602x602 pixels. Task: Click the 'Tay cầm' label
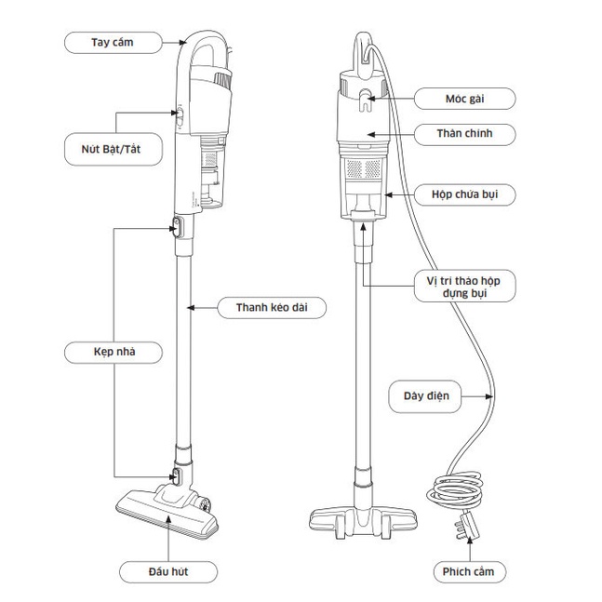pyautogui.click(x=114, y=43)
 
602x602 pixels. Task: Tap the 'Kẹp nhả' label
pyautogui.click(x=114, y=352)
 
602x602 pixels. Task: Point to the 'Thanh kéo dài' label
pyautogui.click(x=272, y=308)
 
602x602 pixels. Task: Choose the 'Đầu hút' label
pyautogui.click(x=168, y=571)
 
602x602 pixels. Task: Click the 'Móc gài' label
pyautogui.click(x=464, y=99)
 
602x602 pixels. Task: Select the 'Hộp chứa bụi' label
pyautogui.click(x=464, y=194)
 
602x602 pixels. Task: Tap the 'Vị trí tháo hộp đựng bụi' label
pyautogui.click(x=464, y=286)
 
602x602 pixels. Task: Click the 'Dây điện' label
pyautogui.click(x=425, y=396)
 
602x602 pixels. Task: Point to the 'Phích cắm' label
pyautogui.click(x=469, y=571)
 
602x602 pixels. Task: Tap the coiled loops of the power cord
pyautogui.click(x=455, y=491)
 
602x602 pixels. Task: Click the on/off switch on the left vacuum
pyautogui.click(x=180, y=116)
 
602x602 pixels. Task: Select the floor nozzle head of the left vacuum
pyautogui.click(x=167, y=510)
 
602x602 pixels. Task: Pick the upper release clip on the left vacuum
pyautogui.click(x=177, y=227)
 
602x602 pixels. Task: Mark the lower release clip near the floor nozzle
pyautogui.click(x=176, y=476)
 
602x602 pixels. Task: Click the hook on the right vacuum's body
pyautogui.click(x=366, y=100)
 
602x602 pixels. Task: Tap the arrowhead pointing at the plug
pyautogui.click(x=470, y=541)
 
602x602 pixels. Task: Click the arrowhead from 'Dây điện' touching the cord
pyautogui.click(x=488, y=396)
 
